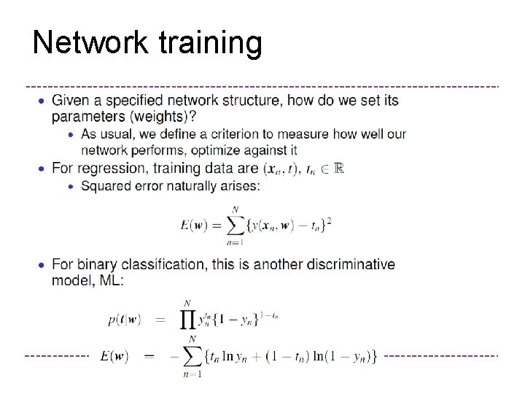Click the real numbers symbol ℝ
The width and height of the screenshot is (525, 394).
[x=338, y=169]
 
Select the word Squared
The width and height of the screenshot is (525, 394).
[x=107, y=186]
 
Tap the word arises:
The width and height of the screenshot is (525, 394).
[x=238, y=186]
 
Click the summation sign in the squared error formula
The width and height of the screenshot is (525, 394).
[x=235, y=224]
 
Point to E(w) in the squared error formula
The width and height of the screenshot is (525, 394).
[x=195, y=225]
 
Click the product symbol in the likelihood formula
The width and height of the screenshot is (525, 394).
[x=188, y=320]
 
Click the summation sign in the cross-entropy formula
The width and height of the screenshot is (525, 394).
[x=193, y=356]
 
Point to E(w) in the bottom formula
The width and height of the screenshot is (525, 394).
[x=114, y=356]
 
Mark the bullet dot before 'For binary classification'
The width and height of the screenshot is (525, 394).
[x=42, y=264]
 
